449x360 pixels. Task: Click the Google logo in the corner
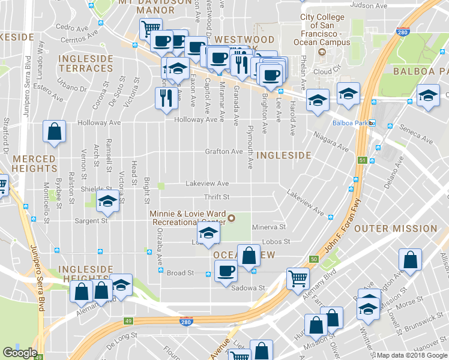point(20,353)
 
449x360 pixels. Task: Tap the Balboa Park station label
point(350,124)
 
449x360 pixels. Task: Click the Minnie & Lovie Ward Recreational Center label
point(187,218)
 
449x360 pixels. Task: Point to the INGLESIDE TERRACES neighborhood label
point(86,64)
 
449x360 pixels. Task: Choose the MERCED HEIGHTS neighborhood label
point(34,163)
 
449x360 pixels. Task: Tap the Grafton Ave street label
point(224,152)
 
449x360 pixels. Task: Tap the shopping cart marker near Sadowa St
point(297,278)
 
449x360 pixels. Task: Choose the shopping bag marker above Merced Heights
point(54,133)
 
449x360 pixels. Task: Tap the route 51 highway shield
point(362,161)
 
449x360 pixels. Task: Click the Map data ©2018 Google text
point(412,355)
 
